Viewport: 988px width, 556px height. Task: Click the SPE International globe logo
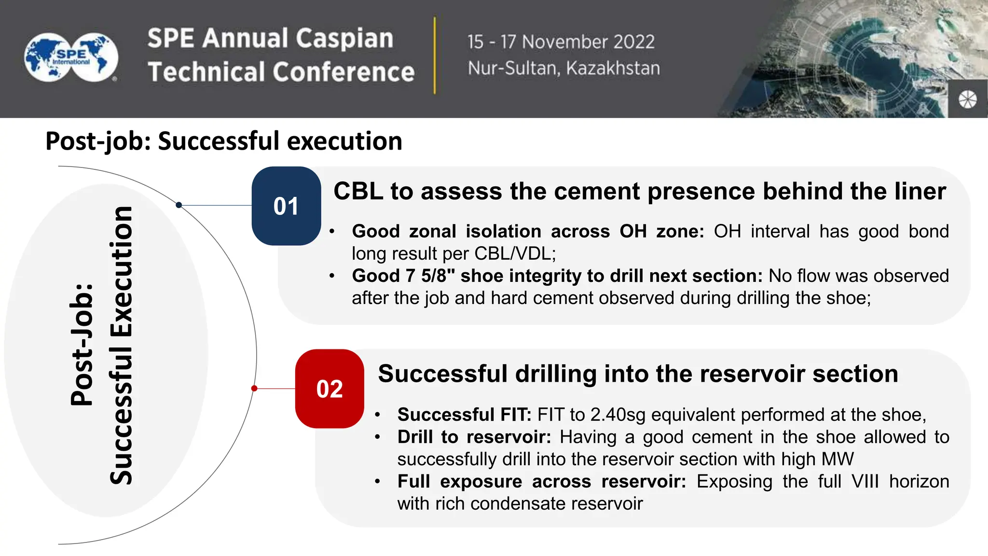tap(71, 57)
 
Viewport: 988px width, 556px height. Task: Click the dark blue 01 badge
tap(286, 206)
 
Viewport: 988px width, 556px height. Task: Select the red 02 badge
tap(329, 389)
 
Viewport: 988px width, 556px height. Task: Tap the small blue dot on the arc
tap(179, 205)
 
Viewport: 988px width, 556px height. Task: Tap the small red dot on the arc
tap(254, 389)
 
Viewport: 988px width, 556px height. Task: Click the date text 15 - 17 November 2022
tap(561, 42)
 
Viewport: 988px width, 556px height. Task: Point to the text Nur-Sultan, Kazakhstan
tap(563, 69)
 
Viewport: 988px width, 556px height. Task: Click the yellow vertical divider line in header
tap(435, 56)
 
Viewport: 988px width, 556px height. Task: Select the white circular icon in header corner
tap(967, 100)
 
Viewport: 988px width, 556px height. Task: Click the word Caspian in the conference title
tap(344, 39)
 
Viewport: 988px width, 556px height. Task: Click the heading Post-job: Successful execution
tap(224, 141)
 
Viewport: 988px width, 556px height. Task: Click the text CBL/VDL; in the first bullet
tap(515, 253)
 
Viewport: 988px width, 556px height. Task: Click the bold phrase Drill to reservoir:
tap(474, 437)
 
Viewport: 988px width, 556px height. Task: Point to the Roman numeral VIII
tap(865, 481)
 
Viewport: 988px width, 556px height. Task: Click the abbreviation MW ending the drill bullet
tap(838, 459)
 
